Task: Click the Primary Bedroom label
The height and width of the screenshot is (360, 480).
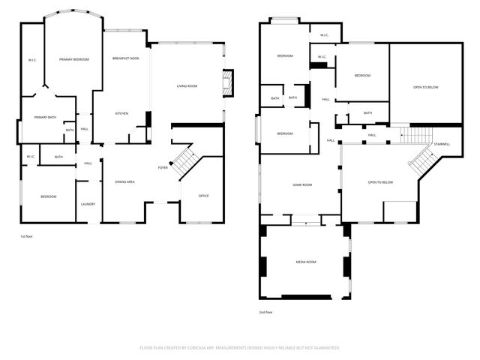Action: click(75, 58)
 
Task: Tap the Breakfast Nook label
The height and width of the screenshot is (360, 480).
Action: click(126, 58)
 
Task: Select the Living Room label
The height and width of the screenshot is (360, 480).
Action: click(187, 86)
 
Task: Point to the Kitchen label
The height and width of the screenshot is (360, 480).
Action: click(121, 113)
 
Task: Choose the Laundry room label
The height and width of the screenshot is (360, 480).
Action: click(88, 203)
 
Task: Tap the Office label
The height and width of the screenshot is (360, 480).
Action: click(203, 196)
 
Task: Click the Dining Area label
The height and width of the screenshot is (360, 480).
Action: click(124, 182)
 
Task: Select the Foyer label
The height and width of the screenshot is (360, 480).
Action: click(163, 167)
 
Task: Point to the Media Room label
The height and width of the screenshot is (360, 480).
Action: click(306, 262)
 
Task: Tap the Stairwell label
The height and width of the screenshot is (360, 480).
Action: click(442, 143)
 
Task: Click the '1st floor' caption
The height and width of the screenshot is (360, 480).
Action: click(27, 236)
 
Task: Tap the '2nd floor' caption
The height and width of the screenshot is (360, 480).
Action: click(266, 311)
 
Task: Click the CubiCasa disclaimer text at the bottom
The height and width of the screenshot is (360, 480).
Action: click(240, 348)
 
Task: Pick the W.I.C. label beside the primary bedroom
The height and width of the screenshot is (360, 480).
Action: click(32, 60)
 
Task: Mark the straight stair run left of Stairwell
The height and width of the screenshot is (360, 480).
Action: click(413, 135)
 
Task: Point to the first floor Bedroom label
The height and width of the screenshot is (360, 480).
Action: click(48, 196)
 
